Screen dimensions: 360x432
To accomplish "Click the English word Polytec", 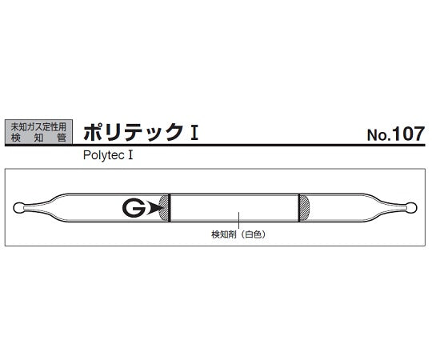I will point(102,157).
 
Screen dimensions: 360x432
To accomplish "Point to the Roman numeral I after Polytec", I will point(129,157).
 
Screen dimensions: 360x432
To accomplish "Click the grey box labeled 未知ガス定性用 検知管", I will point(38,132).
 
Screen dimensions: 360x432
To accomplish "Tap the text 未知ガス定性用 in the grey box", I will point(38,126).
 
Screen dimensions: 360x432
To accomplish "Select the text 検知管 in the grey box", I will point(38,138).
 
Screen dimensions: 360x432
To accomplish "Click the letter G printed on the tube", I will point(133,208).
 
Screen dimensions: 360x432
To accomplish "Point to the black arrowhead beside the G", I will point(154,209).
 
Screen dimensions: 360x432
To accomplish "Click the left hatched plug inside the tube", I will point(166,208).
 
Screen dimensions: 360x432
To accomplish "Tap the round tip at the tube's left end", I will point(21,209).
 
